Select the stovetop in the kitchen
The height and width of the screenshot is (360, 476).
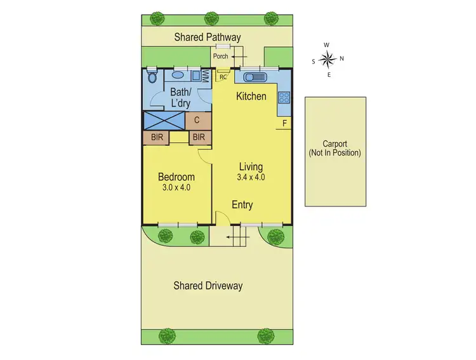284,98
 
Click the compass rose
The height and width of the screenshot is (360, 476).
327,60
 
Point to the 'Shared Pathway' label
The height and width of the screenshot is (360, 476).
208,37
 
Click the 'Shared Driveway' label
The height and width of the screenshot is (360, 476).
208,286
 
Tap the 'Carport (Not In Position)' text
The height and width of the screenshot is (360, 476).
334,149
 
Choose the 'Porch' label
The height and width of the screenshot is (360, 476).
220,56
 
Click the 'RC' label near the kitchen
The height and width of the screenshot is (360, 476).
223,77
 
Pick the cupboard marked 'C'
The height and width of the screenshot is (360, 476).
197,119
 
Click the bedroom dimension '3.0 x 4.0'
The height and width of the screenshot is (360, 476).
176,187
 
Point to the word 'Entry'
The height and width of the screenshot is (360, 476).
242,205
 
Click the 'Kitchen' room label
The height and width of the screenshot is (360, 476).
251,97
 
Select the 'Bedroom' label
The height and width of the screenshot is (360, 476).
176,177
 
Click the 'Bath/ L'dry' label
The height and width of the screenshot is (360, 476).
180,97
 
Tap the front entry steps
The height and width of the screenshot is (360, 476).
237,240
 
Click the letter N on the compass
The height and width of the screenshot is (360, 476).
341,59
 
